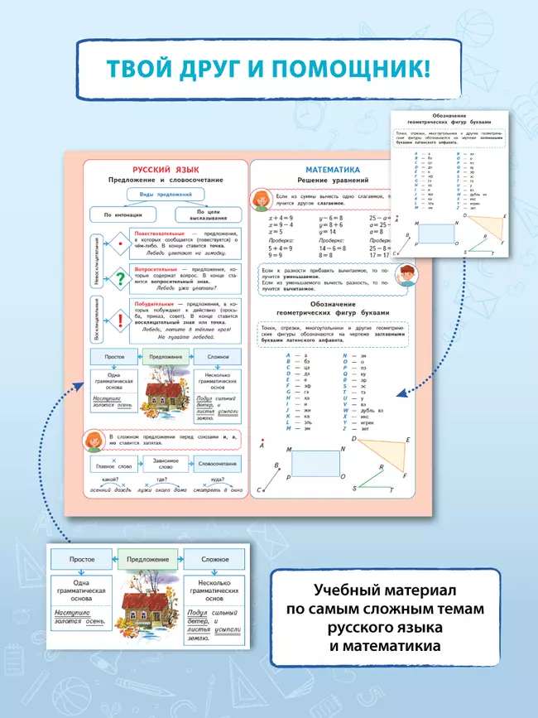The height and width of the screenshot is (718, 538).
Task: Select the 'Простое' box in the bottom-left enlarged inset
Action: pyautogui.click(x=82, y=560)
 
